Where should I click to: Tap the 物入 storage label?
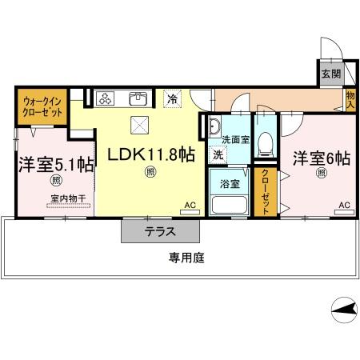(350, 98)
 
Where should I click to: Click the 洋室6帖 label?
(321, 158)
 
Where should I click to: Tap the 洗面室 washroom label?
(235, 139)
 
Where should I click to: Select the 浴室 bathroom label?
(230, 182)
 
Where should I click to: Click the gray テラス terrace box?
(160, 231)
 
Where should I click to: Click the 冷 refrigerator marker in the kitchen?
(173, 99)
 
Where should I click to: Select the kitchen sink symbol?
(138, 99)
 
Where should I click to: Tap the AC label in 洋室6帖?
(343, 206)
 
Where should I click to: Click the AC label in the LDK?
(190, 206)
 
